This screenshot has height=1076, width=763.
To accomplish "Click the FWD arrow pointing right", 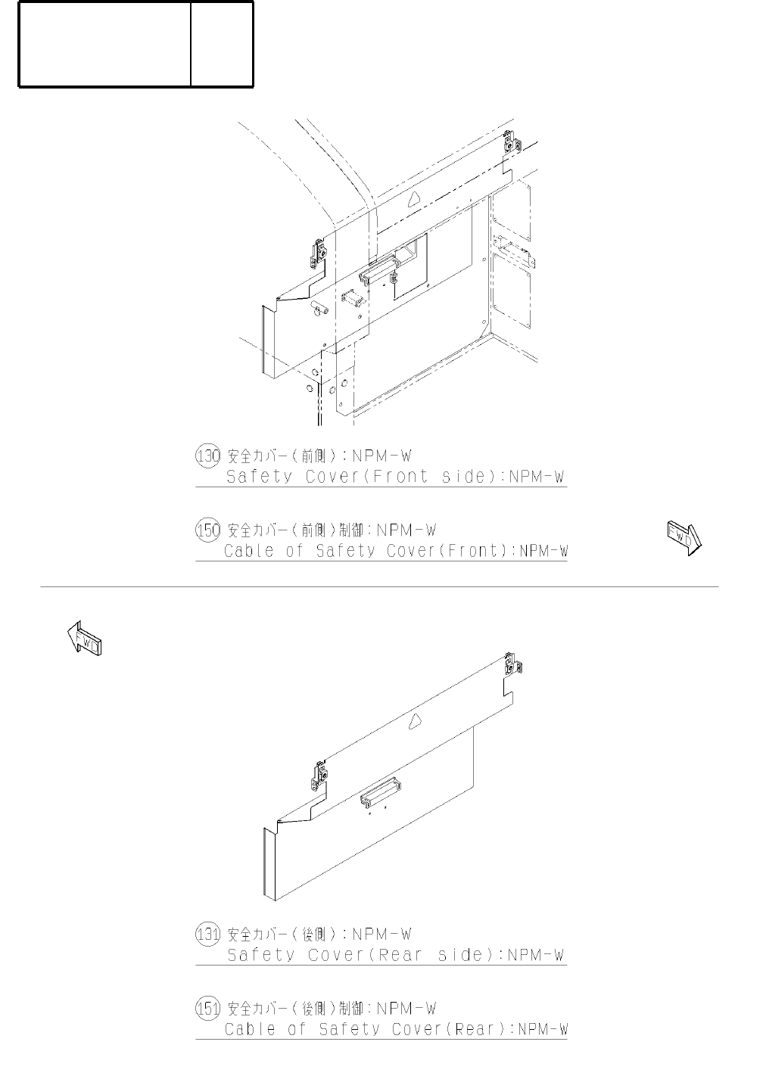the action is [684, 538].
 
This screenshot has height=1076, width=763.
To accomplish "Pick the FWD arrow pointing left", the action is [83, 639].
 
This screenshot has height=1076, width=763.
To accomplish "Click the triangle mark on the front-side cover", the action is [413, 199].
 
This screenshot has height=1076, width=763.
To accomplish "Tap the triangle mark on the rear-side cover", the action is [415, 722].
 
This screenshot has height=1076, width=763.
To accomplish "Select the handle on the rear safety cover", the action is [381, 792].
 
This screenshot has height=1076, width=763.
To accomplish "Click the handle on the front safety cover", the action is [381, 268].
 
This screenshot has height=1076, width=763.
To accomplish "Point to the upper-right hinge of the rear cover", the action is [512, 664].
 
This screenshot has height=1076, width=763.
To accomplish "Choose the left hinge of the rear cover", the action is [319, 775].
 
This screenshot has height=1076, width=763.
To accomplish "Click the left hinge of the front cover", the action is [319, 253].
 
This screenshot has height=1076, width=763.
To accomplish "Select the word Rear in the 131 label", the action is [399, 955].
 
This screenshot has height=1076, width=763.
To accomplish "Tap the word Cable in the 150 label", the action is [248, 551].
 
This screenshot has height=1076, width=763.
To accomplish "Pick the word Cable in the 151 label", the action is [250, 1029].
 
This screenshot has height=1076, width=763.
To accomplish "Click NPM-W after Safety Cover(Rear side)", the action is [536, 955].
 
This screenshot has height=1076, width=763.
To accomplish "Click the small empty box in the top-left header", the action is [222, 44].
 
